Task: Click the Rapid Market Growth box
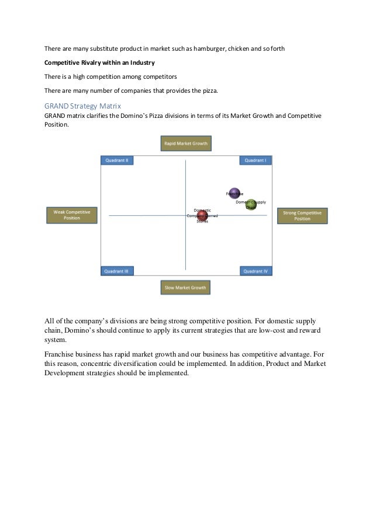[x=185, y=144]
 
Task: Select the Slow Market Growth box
[x=185, y=288]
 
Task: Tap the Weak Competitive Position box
[x=72, y=215]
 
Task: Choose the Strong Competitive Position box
[x=302, y=216]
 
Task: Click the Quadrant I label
[x=255, y=160]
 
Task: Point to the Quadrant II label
[x=118, y=160]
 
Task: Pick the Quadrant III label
[x=118, y=271]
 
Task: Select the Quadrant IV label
[x=255, y=271]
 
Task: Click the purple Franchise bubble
[x=234, y=193]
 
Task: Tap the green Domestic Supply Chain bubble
[x=251, y=205]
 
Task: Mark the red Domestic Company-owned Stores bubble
[x=202, y=217]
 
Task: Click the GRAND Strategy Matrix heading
[x=82, y=106]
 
